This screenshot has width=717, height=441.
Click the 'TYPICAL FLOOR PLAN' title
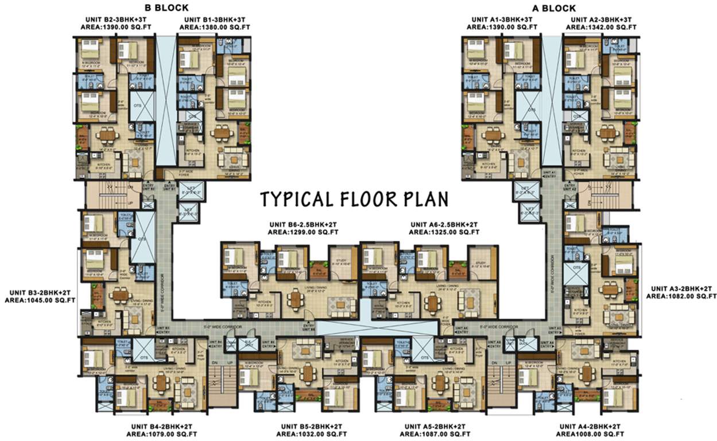pos(354,199)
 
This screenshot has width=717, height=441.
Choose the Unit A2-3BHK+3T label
pos(601,19)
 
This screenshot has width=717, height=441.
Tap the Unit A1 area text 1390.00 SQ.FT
pos(502,27)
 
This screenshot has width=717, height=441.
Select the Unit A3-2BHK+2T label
pos(681,288)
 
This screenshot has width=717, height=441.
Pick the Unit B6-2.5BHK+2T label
pos(304,225)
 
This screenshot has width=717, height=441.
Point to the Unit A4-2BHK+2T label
pos(589,427)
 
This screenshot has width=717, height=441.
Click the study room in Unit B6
pos(343,262)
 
